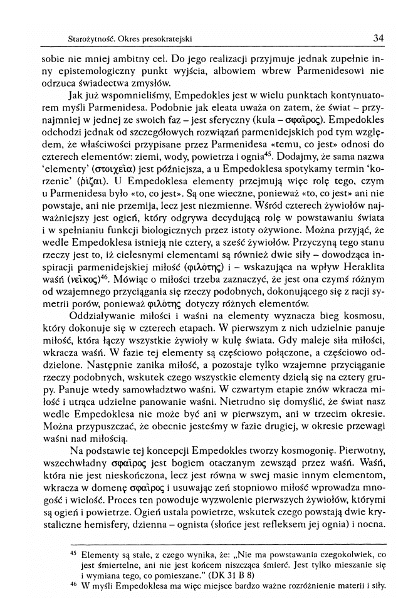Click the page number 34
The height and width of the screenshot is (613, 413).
click(378, 38)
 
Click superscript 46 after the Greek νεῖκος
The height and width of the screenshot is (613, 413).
click(98, 277)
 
